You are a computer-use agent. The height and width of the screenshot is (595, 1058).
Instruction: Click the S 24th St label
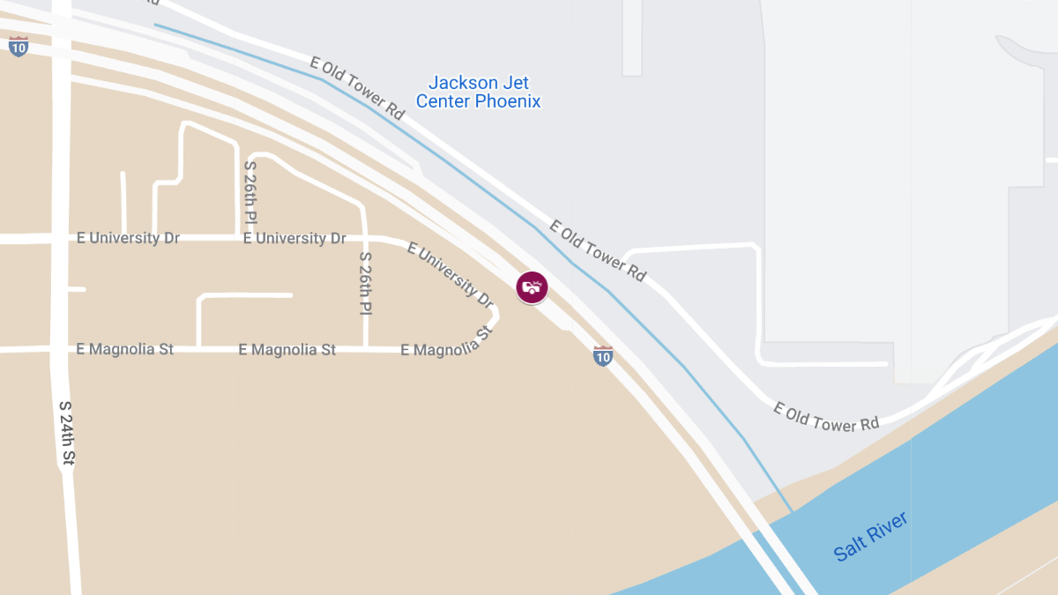coord(67,432)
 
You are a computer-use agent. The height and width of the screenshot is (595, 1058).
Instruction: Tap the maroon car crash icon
coord(532,287)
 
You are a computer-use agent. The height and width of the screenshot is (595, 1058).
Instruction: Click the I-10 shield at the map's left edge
coord(18,46)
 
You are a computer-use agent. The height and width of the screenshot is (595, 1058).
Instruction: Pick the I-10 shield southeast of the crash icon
coord(603,356)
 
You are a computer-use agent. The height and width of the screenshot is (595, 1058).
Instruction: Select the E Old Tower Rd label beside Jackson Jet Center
coord(357,88)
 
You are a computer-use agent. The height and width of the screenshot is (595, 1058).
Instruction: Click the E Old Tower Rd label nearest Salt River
coord(826,416)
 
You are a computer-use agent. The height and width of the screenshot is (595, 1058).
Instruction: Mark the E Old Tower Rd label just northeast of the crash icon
coord(598,250)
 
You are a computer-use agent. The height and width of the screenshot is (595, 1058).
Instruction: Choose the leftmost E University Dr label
coord(128,238)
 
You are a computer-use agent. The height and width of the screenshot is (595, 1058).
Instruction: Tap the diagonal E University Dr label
coord(450,274)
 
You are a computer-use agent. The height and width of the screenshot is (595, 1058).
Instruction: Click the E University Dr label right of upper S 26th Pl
coord(294,238)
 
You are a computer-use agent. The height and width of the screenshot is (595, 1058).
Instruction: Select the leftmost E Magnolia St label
coord(125,349)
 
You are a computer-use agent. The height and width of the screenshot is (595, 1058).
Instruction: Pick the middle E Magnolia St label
coord(287,349)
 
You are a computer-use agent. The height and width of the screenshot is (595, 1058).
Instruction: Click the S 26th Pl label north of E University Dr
coord(251,191)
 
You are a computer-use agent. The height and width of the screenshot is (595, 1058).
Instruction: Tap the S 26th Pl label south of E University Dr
coord(366,284)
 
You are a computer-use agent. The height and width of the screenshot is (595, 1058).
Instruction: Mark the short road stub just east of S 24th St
coord(78,288)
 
